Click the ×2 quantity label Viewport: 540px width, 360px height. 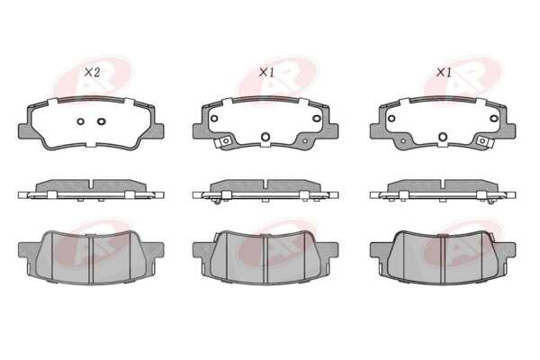coord(92,72)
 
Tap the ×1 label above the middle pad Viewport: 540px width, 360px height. coord(266,72)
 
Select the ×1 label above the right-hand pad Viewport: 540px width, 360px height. coord(444,72)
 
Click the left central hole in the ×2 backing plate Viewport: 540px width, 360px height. coord(80,121)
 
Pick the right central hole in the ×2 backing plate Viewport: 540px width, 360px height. coord(101,121)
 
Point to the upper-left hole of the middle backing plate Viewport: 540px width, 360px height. coord(214,119)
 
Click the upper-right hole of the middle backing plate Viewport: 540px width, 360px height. coord(317,119)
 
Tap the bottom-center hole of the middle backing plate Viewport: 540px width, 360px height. coord(265,137)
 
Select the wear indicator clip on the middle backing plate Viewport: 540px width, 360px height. coord(224,141)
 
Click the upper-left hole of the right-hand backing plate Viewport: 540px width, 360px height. coord(391,119)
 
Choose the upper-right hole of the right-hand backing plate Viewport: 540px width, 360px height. coord(494,119)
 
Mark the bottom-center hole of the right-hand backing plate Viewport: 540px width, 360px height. coord(443,137)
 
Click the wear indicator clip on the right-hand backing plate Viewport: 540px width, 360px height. coord(484,141)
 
